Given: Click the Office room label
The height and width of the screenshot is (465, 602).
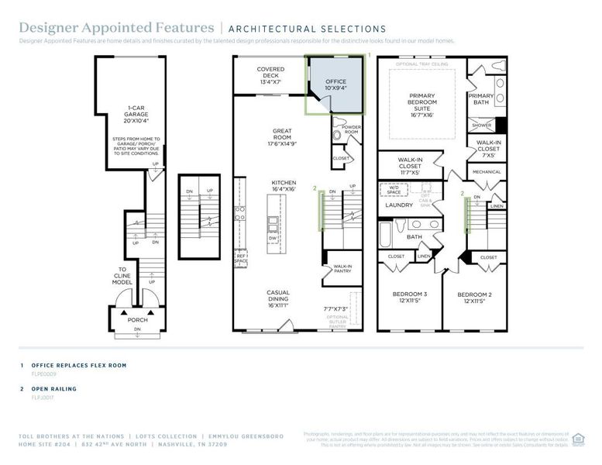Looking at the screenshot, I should click(335, 84).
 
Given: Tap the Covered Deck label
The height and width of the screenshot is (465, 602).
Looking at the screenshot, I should click(270, 75).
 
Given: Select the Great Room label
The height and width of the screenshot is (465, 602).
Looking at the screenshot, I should click(281, 137).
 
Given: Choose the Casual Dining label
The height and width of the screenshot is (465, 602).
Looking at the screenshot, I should click(278, 298).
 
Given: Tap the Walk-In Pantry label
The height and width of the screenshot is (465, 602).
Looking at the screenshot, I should click(342, 268).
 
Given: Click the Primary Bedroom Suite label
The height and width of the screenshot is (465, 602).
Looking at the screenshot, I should click(422, 103).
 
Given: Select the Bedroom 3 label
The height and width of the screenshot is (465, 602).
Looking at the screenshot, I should click(410, 298).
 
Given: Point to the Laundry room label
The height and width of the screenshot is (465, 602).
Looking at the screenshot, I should click(398, 205).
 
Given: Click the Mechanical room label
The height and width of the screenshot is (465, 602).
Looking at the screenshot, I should click(487, 172).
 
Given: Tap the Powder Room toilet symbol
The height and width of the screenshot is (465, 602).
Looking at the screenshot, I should click(336, 136).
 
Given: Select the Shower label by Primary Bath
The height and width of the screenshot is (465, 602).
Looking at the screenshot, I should click(481, 125).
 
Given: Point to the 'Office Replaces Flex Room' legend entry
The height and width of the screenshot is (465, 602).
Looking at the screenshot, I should click(74, 364).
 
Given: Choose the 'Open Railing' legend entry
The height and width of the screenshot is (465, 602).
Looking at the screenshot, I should click(53, 388).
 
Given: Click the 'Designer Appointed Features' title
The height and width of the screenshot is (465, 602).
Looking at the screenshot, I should click(116, 29).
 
